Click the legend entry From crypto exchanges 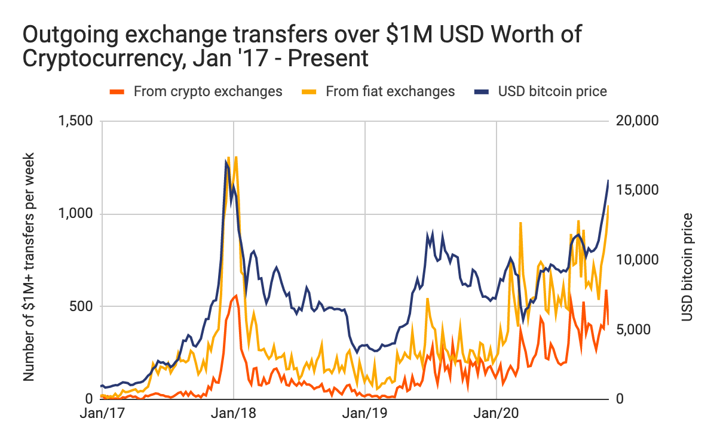pyautogui.click(x=207, y=91)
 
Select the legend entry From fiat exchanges pyautogui.click(x=390, y=91)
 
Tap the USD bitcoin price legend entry pyautogui.click(x=552, y=91)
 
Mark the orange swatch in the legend pyautogui.click(x=117, y=91)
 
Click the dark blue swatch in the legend pyautogui.click(x=481, y=91)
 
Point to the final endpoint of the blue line pyautogui.click(x=608, y=180)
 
